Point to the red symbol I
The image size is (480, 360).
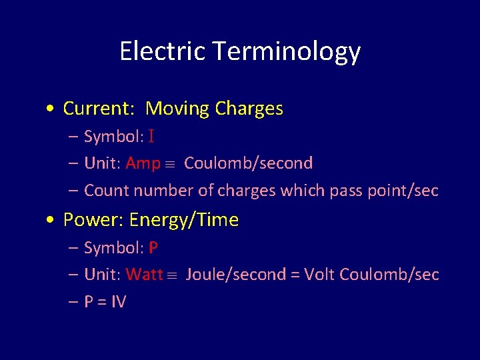point(151,137)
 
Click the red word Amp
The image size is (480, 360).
point(143,163)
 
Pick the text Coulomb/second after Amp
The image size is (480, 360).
point(248,163)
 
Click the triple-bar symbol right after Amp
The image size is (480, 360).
point(171,164)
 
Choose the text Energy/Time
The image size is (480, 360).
point(184,221)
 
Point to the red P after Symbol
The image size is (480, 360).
point(153,248)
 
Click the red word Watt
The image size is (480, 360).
point(144,275)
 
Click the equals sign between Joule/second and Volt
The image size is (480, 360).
point(294,275)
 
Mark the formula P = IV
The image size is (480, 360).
point(105,302)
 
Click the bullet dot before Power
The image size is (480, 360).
point(52,221)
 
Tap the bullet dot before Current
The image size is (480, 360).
point(52,109)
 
